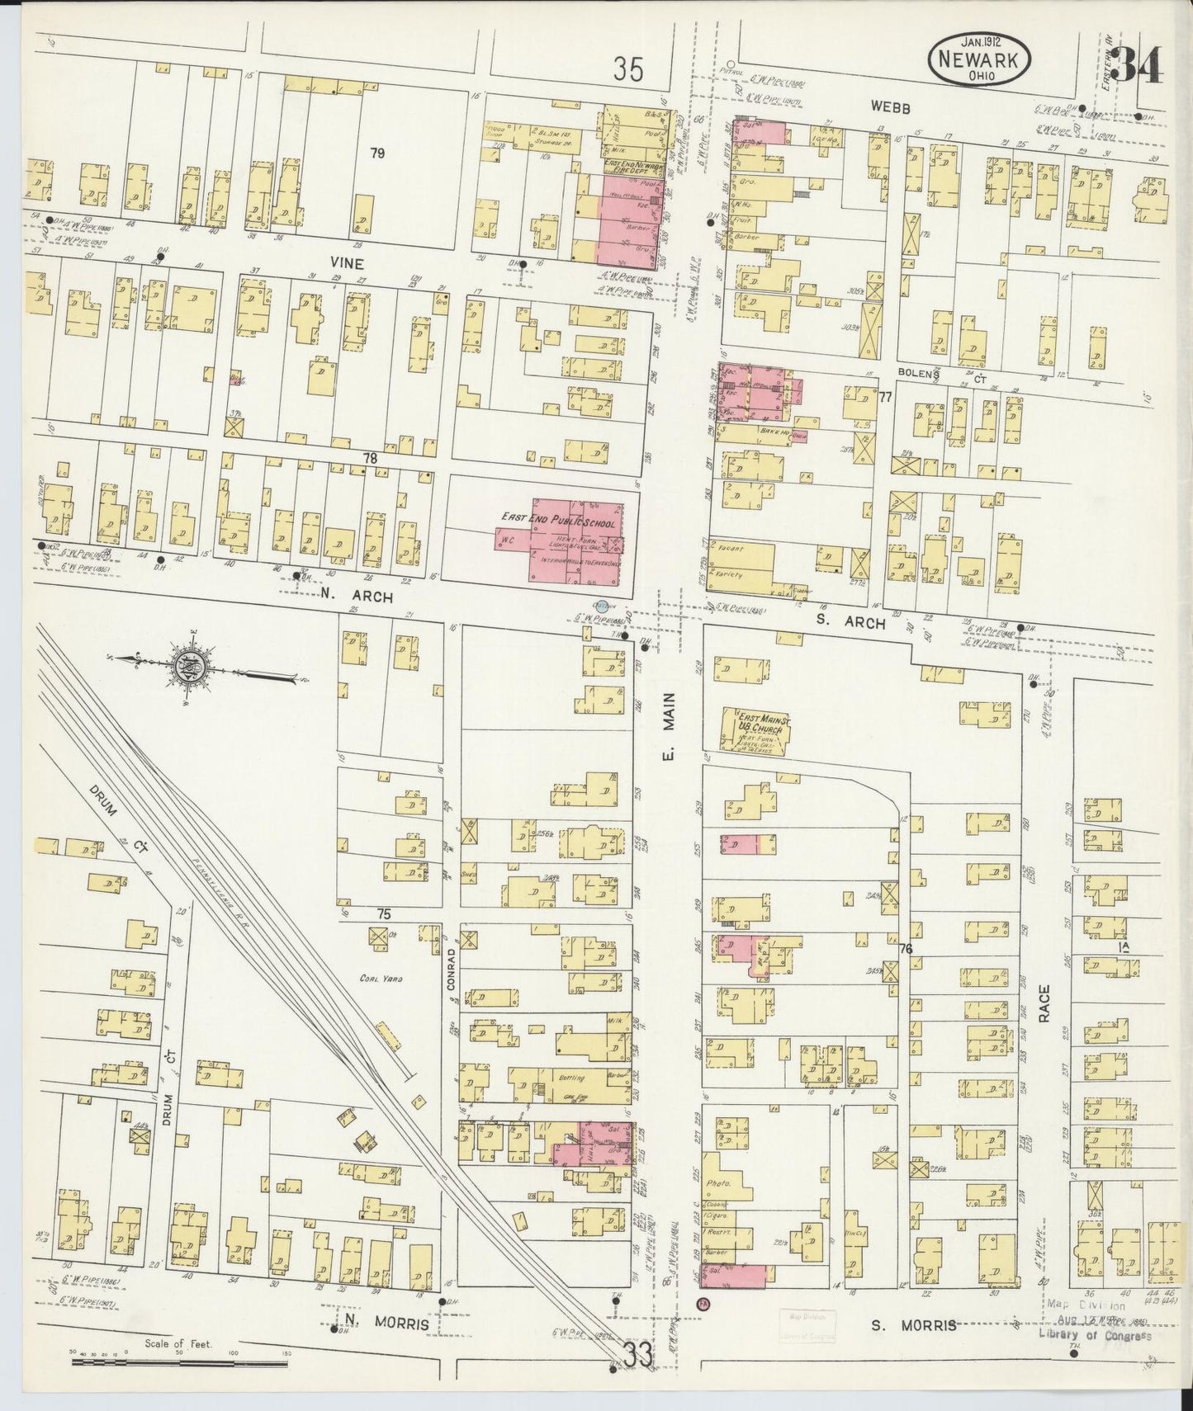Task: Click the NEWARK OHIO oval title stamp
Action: [x=982, y=59]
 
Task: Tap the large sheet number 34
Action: [x=1139, y=66]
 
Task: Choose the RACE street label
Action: [x=1044, y=1004]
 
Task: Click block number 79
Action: [x=377, y=152]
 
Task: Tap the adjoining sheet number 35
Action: [x=627, y=70]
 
